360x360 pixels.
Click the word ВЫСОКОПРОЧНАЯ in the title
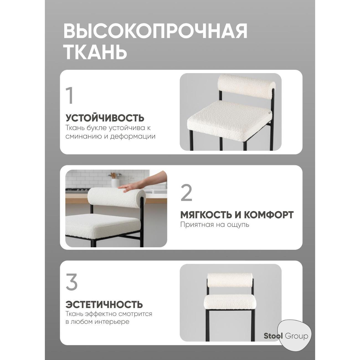click(155, 31)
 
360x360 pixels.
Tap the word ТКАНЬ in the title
click(96, 52)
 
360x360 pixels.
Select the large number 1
click(70, 96)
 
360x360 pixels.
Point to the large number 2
click(186, 193)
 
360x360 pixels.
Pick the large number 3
click(72, 282)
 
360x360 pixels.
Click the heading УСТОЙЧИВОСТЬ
click(105, 118)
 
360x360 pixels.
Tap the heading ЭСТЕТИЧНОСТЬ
click(104, 305)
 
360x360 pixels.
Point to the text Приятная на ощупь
click(215, 224)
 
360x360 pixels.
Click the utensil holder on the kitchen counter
click(115, 181)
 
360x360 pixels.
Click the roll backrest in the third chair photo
click(230, 280)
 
